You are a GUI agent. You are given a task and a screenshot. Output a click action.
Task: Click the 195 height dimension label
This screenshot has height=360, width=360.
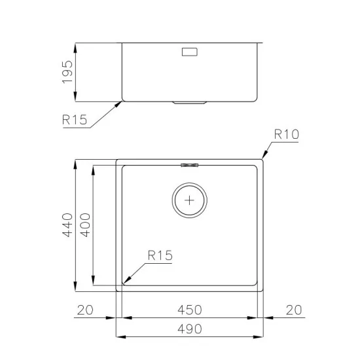coord(67,73)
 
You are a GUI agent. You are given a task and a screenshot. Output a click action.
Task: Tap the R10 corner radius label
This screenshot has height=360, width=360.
coord(286,135)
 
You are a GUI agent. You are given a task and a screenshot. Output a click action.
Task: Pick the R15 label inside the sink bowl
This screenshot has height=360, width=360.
coord(160,256)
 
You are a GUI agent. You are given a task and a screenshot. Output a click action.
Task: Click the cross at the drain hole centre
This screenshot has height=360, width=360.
coord(190,200)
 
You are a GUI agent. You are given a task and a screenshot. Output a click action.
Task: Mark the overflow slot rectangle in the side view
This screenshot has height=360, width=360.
coord(190,52)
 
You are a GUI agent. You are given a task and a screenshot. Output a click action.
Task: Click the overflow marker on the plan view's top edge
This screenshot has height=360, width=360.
coord(190,164)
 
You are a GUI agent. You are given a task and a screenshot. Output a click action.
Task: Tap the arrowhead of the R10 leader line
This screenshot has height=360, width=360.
coord(264,157)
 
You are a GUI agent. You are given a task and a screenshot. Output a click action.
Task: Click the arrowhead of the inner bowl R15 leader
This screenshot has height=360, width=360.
coord(125,283)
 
